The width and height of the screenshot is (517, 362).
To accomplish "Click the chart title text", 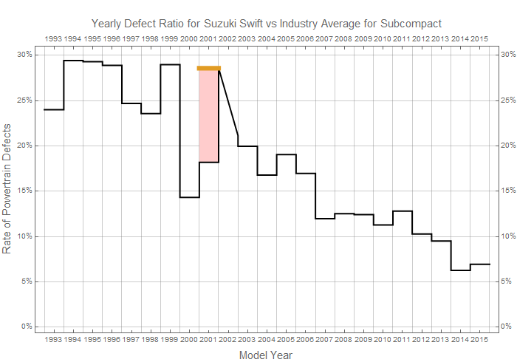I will pos(266,23).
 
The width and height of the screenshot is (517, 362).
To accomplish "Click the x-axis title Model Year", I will pos(266,355).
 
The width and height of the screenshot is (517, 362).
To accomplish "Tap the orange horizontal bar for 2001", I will pos(209,68).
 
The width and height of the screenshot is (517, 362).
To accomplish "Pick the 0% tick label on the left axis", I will pos(25,327).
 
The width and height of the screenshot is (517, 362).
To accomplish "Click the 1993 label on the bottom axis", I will pos(53,340).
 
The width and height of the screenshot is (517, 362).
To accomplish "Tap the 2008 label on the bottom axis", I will pos(343,340).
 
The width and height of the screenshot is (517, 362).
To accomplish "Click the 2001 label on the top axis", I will pos(208,38).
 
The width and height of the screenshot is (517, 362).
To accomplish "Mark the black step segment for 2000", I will pos(189,197).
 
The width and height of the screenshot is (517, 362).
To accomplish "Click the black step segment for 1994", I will pos(73,61).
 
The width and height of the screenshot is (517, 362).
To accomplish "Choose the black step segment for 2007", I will pos(324,219).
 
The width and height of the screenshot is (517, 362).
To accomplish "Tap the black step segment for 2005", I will pos(286,154).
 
